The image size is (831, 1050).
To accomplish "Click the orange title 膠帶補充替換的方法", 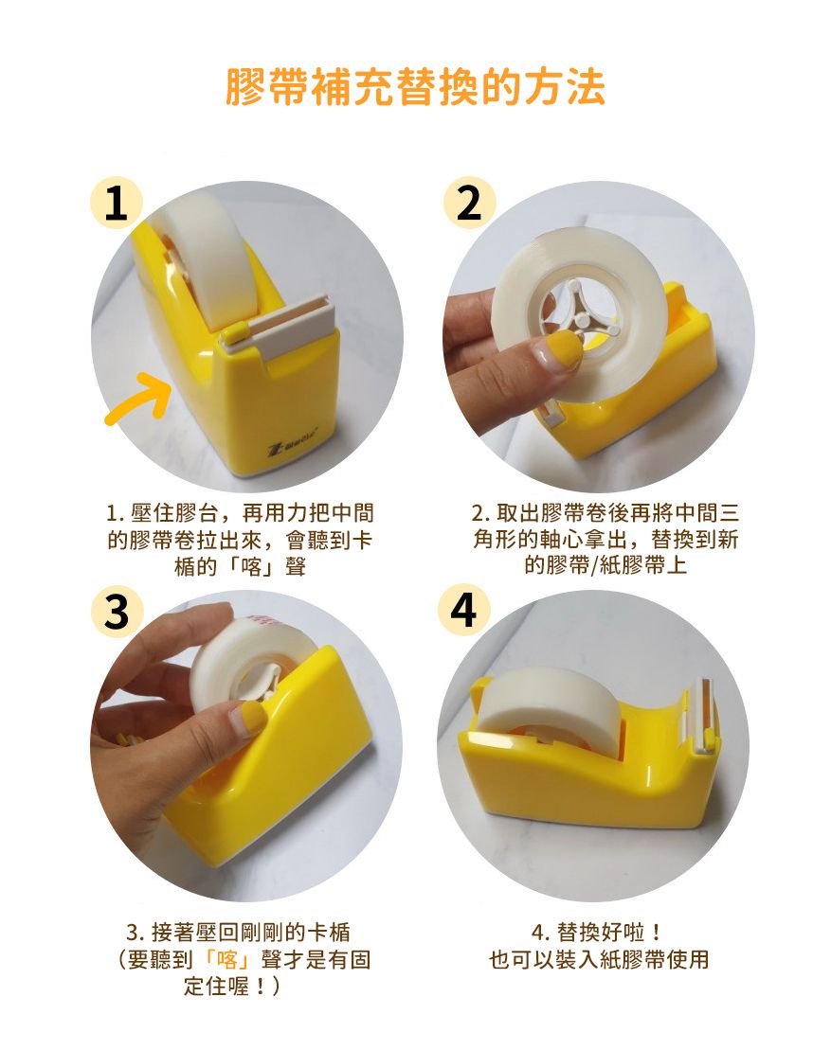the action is [415, 87].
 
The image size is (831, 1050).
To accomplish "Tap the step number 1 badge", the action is [116, 203].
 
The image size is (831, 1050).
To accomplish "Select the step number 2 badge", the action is [469, 203].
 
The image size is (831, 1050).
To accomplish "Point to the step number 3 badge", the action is [116, 611].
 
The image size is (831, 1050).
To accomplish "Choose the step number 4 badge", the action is [463, 611].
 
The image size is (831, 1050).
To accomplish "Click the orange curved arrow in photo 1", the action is [138, 400].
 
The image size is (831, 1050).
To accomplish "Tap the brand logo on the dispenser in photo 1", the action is [293, 447].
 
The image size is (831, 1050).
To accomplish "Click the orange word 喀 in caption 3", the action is [227, 960].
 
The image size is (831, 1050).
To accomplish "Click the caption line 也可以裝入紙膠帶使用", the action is [599, 960].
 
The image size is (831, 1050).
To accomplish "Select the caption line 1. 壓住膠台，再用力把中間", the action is [240, 513].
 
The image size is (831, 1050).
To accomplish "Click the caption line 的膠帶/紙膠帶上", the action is [605, 565].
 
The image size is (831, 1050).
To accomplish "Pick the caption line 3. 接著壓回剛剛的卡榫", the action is [239, 932].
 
